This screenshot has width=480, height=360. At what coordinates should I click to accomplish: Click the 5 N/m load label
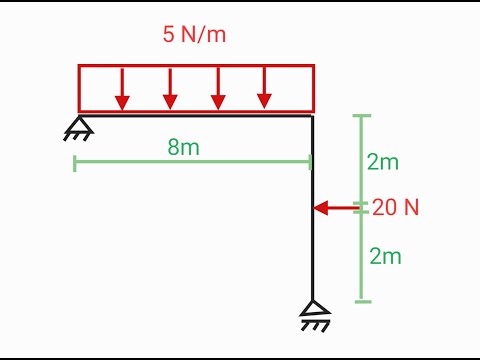point(194,33)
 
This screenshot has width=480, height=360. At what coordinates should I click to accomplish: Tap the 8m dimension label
point(183,147)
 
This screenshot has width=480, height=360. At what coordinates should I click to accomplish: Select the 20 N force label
point(396,208)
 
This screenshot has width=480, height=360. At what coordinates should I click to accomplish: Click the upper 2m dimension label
point(385,162)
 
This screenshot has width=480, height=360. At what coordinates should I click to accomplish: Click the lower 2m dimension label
point(385,256)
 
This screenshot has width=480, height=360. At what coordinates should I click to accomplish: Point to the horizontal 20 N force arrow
point(338,208)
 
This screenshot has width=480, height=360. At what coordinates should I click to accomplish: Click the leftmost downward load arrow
point(122,89)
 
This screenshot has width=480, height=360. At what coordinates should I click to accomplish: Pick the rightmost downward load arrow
point(264,89)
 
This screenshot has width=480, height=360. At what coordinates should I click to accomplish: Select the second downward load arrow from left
point(170,89)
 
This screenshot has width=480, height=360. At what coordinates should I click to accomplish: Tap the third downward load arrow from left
point(217,89)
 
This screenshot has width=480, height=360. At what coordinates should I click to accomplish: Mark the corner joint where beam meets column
point(313,117)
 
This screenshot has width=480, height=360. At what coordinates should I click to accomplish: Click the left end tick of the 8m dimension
point(75,163)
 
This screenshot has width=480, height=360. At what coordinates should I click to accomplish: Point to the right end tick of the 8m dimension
point(311,163)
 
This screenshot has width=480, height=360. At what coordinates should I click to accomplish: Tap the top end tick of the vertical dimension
point(363,116)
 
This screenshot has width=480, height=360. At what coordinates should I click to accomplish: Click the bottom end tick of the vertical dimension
point(363,300)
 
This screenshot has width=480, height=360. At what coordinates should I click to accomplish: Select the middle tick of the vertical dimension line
point(363,208)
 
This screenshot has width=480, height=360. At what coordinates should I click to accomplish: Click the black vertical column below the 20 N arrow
point(313,255)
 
